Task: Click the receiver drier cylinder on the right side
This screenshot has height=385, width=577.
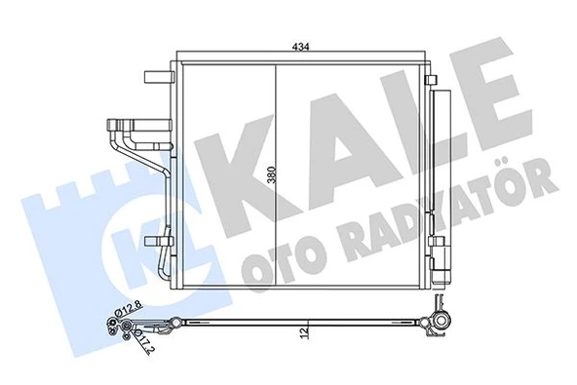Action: [x=440, y=175]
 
